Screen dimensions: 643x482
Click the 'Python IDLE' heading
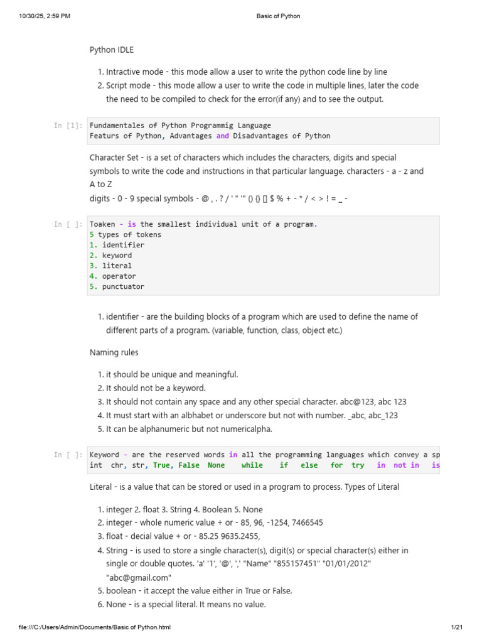coord(112,50)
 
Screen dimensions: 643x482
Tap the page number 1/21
coord(456,627)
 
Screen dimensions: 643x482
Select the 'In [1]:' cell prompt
coord(68,126)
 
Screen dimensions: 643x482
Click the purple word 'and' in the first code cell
coord(223,136)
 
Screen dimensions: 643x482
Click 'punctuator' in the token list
coord(123,286)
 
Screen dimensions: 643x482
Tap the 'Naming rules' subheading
coord(114,353)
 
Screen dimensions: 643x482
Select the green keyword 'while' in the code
coord(252,465)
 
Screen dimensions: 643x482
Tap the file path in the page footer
coord(95,627)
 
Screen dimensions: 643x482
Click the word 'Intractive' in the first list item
coord(126,72)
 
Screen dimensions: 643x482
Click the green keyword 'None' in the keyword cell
coord(216,465)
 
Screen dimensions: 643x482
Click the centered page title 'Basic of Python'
coord(278,16)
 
